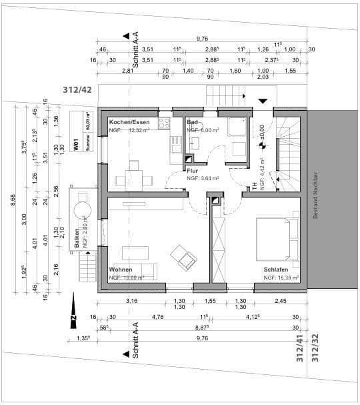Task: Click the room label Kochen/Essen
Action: point(129,123)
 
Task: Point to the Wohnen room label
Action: point(121,270)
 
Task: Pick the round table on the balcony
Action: point(83,208)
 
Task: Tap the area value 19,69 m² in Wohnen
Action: point(127,277)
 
